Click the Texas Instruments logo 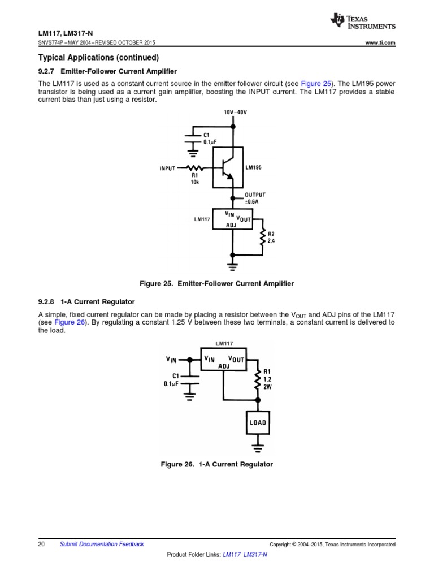[362, 21]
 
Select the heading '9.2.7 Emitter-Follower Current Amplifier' [107, 71]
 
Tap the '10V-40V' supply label [235, 113]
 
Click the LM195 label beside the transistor [254, 168]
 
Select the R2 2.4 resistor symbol [262, 237]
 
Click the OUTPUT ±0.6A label [255, 198]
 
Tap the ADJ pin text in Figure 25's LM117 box [231, 224]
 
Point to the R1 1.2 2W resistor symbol [258, 380]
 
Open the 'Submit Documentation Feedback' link [102, 544]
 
